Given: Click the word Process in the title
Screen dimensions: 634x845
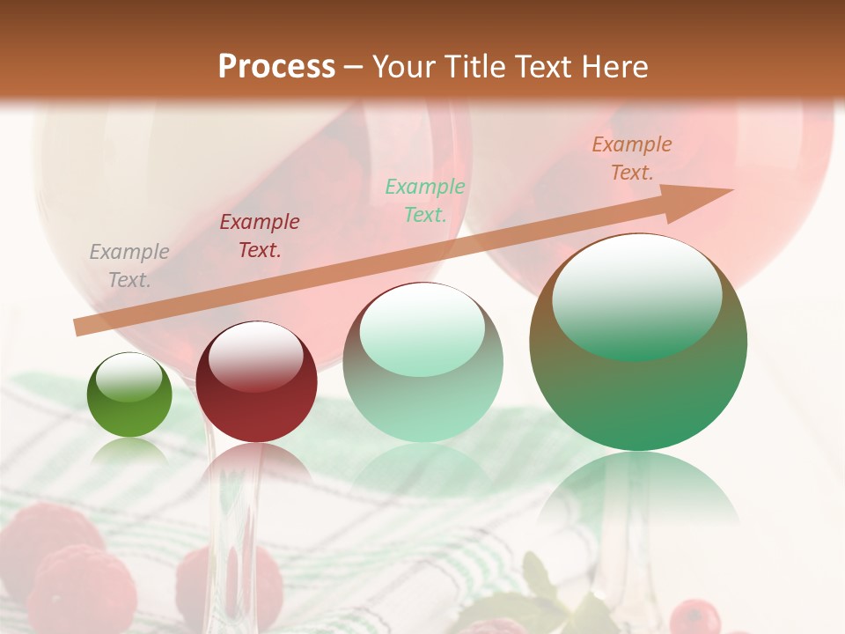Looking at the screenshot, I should point(276,67).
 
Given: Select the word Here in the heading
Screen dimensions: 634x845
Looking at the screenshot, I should point(616,67).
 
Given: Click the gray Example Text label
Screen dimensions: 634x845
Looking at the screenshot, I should point(129,266).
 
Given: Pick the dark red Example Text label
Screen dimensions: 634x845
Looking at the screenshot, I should point(260,236).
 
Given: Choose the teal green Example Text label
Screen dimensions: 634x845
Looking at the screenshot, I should point(425,200).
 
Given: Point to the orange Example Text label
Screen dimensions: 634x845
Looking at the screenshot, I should point(632,158).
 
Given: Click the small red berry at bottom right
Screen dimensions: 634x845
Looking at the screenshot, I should point(694,616).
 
